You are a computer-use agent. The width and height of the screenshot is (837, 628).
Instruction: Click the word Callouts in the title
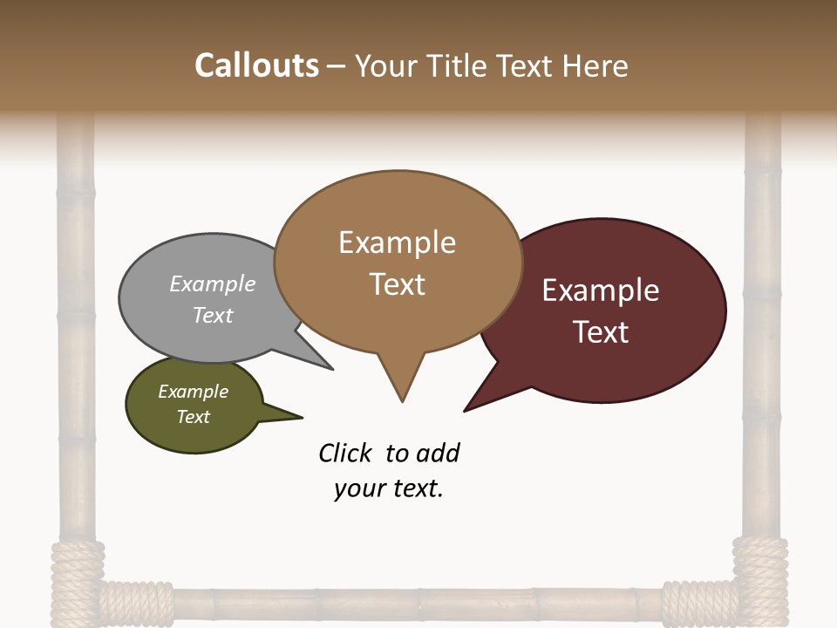click(256, 65)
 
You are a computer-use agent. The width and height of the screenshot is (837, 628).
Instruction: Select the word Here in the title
click(596, 65)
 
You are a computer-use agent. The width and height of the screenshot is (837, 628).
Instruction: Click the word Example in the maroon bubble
click(601, 290)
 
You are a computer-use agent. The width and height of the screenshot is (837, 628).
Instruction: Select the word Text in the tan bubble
click(398, 284)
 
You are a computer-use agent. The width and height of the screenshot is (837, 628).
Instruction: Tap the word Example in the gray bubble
click(213, 284)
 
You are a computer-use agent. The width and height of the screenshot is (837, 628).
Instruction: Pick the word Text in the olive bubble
click(194, 417)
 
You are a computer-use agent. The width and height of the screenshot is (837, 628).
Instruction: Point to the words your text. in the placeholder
click(389, 489)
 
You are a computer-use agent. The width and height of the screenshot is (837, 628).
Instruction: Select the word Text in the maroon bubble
click(601, 332)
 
